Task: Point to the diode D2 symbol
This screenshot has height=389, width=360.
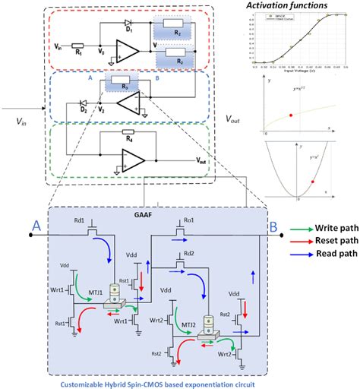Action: (84, 103)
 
